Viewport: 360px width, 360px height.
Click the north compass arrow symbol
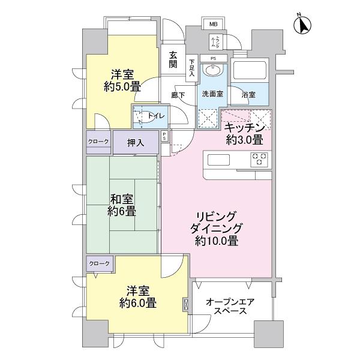(304, 26)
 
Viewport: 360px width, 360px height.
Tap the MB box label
(214, 25)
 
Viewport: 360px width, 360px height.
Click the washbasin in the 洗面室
(214, 71)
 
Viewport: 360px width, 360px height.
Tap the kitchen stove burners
(259, 159)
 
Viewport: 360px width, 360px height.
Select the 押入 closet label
(136, 143)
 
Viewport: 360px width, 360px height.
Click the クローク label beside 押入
(99, 142)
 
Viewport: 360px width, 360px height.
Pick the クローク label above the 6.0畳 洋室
(99, 264)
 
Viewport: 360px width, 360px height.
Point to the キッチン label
(244, 128)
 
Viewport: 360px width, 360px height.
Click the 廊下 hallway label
(178, 95)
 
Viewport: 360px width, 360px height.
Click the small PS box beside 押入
(165, 137)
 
